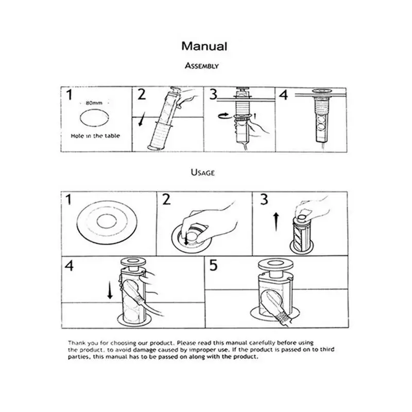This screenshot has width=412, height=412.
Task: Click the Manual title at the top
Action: pos(204,46)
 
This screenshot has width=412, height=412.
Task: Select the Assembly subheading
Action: pos(202,66)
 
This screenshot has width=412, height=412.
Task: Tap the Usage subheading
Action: pos(202,173)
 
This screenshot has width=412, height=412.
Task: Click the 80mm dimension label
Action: pos(94,102)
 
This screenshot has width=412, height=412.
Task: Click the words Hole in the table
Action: pos(95,136)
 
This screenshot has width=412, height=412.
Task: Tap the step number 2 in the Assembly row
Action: pos(142,95)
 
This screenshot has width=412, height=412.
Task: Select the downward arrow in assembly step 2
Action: pos(141,119)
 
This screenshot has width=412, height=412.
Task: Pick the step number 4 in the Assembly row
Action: pos(283,95)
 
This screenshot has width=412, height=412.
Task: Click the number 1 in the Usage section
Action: pos(68,200)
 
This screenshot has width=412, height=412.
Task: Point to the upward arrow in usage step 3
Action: pos(276,222)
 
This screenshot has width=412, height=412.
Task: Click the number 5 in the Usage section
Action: pos(213,265)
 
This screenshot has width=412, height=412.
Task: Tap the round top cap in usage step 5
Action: pos(275,264)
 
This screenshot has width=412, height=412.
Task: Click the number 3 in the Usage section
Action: pos(264,200)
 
